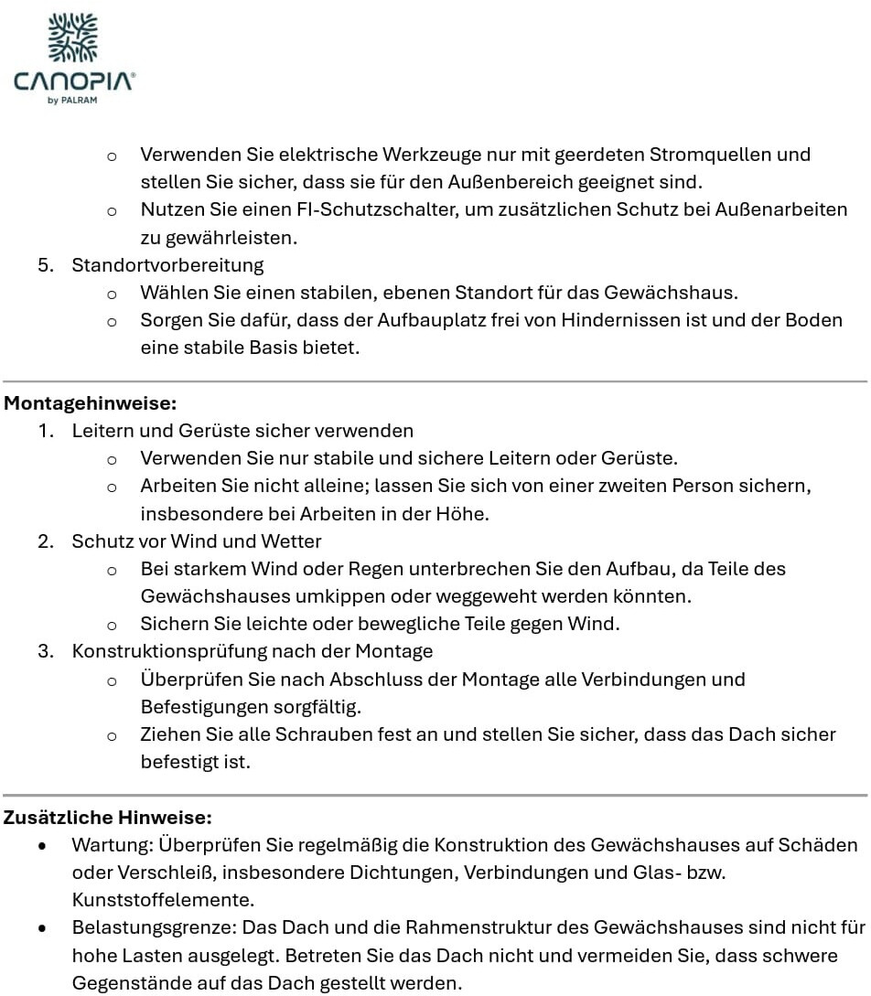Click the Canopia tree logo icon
72,38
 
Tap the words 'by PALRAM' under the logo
72,101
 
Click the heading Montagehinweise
91,402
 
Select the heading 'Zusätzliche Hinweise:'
108,817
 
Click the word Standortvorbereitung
167,265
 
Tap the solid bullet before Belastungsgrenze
42,929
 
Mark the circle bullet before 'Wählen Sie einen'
112,294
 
